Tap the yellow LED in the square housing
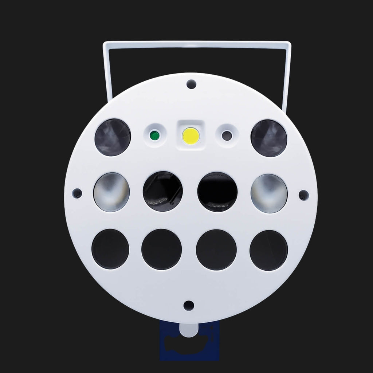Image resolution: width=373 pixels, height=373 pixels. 191,136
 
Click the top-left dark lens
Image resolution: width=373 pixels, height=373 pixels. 113,137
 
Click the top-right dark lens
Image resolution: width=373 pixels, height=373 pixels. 269,138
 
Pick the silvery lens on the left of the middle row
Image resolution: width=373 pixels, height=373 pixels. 111,192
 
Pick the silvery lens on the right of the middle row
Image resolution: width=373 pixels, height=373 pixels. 269,193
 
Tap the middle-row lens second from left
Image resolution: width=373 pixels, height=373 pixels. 162,191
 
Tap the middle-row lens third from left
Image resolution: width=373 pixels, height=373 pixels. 217,192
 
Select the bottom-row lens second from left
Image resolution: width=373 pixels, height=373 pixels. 161,250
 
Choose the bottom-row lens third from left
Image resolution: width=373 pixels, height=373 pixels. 216,250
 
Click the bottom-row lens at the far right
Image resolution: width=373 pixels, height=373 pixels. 269,250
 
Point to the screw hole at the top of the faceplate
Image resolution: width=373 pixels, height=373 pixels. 190,85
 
